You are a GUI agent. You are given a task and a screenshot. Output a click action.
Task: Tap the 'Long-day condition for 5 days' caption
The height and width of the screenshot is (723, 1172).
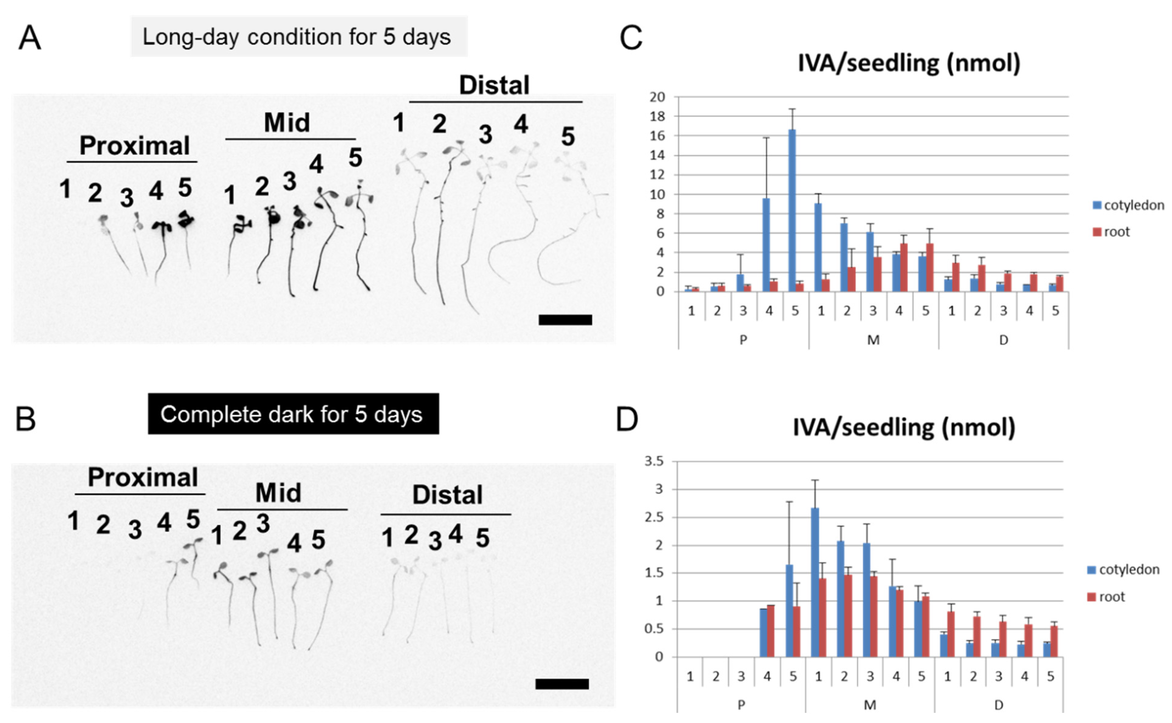(297, 37)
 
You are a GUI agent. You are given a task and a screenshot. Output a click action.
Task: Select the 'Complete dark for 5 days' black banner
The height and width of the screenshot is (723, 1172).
(293, 414)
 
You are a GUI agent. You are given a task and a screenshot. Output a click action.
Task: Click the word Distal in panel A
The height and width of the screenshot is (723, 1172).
(494, 85)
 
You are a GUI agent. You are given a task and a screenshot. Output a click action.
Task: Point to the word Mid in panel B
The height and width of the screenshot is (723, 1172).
(278, 493)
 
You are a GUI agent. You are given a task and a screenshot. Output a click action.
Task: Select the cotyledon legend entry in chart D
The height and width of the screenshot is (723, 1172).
(1123, 569)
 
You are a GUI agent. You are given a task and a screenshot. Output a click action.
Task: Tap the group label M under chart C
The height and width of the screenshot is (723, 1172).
(873, 340)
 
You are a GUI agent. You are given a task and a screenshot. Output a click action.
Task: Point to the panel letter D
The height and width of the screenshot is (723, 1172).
(627, 419)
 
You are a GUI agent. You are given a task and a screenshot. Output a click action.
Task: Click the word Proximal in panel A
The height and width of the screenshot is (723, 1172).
(134, 146)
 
